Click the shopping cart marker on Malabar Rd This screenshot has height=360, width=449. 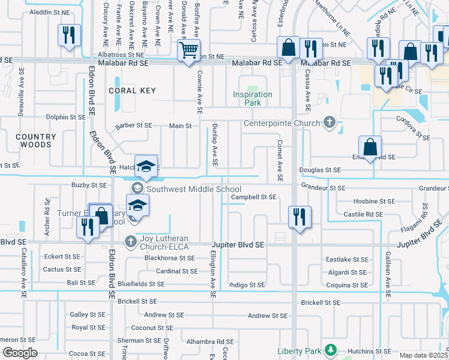[189, 50]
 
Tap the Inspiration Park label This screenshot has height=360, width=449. [253, 98]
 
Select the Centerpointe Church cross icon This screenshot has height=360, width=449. [329, 124]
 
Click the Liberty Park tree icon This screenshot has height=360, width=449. [329, 350]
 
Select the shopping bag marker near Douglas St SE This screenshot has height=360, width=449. [370, 148]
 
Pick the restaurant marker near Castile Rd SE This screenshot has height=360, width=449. [298, 217]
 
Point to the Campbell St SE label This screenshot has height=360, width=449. [253, 197]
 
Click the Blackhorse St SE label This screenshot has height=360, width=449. [169, 258]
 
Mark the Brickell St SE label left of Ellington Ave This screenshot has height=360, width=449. [137, 301]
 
